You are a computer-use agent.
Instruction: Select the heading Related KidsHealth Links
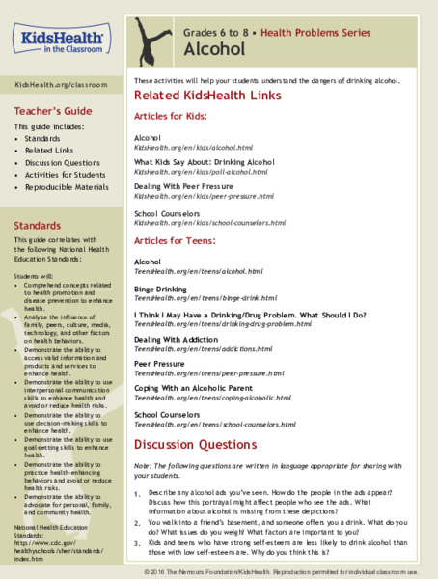(x=206, y=96)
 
